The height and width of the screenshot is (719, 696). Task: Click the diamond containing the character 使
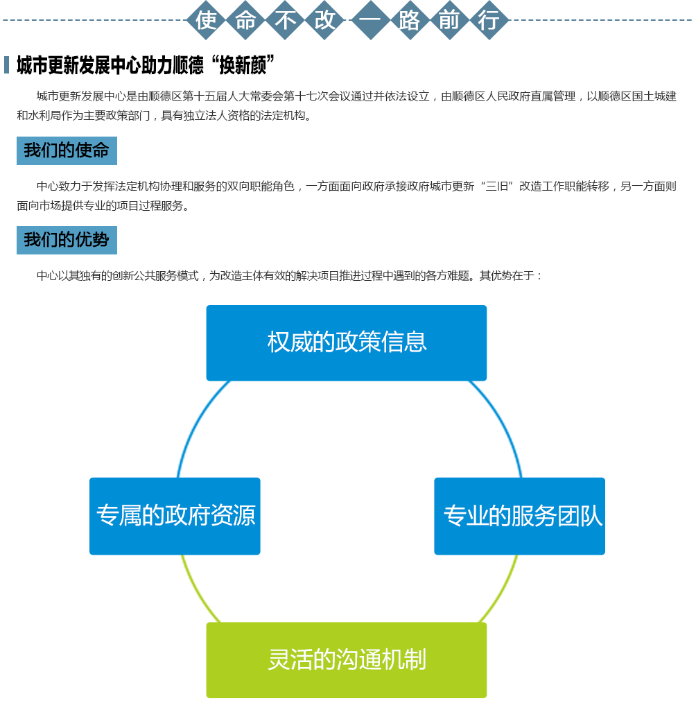pos(206,20)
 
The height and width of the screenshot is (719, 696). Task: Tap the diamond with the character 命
pos(246,20)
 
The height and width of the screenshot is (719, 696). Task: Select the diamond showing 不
pos(285,20)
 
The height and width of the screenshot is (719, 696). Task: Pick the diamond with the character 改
pos(324,20)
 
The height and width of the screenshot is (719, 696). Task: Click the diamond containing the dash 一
pos(370,20)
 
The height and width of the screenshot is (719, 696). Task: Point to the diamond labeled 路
pos(410,20)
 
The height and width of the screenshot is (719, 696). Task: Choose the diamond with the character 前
pos(449,20)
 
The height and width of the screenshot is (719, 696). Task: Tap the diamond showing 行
pos(489,20)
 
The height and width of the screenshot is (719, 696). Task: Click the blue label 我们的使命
pos(67,150)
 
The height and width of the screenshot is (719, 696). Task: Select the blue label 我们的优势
pos(67,240)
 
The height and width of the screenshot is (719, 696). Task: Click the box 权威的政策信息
pos(346,343)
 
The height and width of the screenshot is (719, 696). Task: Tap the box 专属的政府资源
pos(175,516)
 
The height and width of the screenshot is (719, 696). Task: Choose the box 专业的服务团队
pos(519,516)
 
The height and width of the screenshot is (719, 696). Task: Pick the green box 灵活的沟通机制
pos(346,660)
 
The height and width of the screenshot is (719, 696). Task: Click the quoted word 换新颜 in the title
pos(243,65)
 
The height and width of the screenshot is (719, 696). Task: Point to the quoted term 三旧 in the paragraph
pos(496,187)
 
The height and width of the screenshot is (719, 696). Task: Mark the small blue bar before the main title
pos(6,64)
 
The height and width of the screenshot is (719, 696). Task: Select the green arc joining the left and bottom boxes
pos(196,591)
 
